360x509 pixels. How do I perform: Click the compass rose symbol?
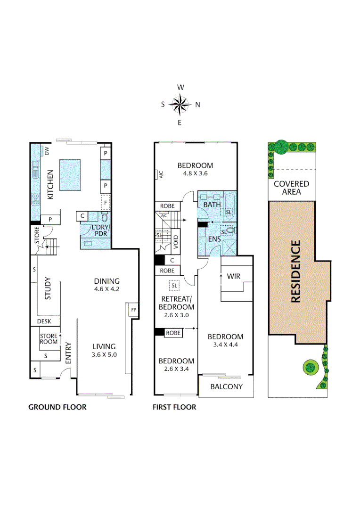pyautogui.click(x=180, y=105)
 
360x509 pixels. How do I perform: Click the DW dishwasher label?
pyautogui.click(x=47, y=151)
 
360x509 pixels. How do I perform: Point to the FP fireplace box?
pyautogui.click(x=133, y=310)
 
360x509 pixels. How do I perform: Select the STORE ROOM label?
pyautogui.click(x=49, y=339)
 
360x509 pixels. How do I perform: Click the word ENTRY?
pyautogui.click(x=68, y=352)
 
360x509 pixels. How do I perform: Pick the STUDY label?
pyautogui.click(x=48, y=291)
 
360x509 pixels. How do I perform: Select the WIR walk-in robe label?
pyautogui.click(x=234, y=276)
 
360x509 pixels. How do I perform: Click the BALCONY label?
pyautogui.click(x=226, y=386)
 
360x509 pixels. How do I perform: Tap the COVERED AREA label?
pyautogui.click(x=291, y=188)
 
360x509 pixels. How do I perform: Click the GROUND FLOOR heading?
pyautogui.click(x=57, y=407)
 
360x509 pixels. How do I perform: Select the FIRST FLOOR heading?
pyautogui.click(x=174, y=407)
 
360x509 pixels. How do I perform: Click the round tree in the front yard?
pyautogui.click(x=311, y=366)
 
